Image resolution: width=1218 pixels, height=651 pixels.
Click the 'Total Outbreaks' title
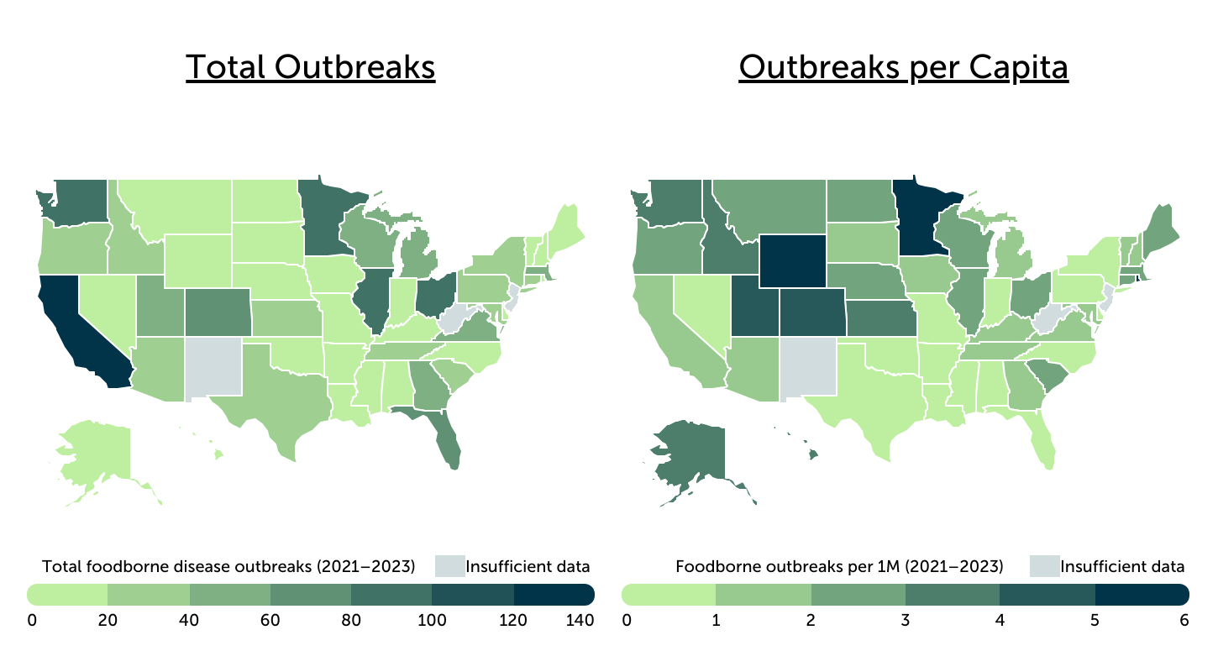[x=310, y=67]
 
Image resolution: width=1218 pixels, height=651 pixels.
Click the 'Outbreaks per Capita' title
[x=903, y=67]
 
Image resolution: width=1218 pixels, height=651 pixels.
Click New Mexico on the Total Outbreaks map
[x=213, y=366]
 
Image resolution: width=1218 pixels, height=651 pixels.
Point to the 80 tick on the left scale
[x=351, y=622]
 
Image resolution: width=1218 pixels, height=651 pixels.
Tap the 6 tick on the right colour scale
[x=1184, y=622]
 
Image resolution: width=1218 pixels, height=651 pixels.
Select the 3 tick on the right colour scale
[x=906, y=622]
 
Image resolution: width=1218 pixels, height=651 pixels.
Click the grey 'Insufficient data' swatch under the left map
[x=449, y=566]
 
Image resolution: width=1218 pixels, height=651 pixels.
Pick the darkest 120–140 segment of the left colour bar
[x=554, y=595]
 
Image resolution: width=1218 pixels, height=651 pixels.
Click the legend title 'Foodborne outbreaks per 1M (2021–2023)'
[x=839, y=566]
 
